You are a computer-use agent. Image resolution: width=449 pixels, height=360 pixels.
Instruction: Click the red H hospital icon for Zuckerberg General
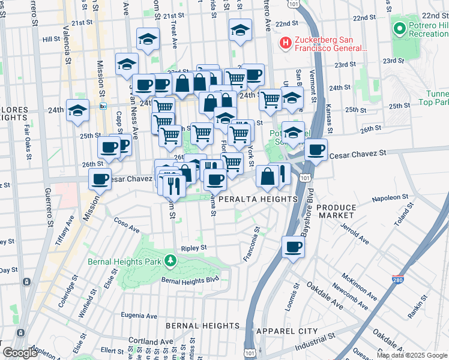[x=286, y=43]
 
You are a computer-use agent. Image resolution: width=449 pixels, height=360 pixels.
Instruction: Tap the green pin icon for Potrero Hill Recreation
[x=399, y=28]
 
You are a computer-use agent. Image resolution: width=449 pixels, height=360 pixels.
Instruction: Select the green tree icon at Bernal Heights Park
[x=171, y=260]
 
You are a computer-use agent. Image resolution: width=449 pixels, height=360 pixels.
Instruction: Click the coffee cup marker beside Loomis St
[x=293, y=247]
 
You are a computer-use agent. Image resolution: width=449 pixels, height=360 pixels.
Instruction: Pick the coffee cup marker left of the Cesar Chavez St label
[x=315, y=150]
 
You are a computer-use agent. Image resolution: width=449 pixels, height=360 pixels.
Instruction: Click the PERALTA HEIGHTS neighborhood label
[x=258, y=199]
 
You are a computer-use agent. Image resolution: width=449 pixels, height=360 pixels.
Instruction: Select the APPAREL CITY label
[x=286, y=331]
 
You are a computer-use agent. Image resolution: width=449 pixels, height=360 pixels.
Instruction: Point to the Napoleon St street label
[x=390, y=196]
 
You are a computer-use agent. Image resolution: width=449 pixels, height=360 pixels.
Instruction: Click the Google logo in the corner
[x=20, y=352]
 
